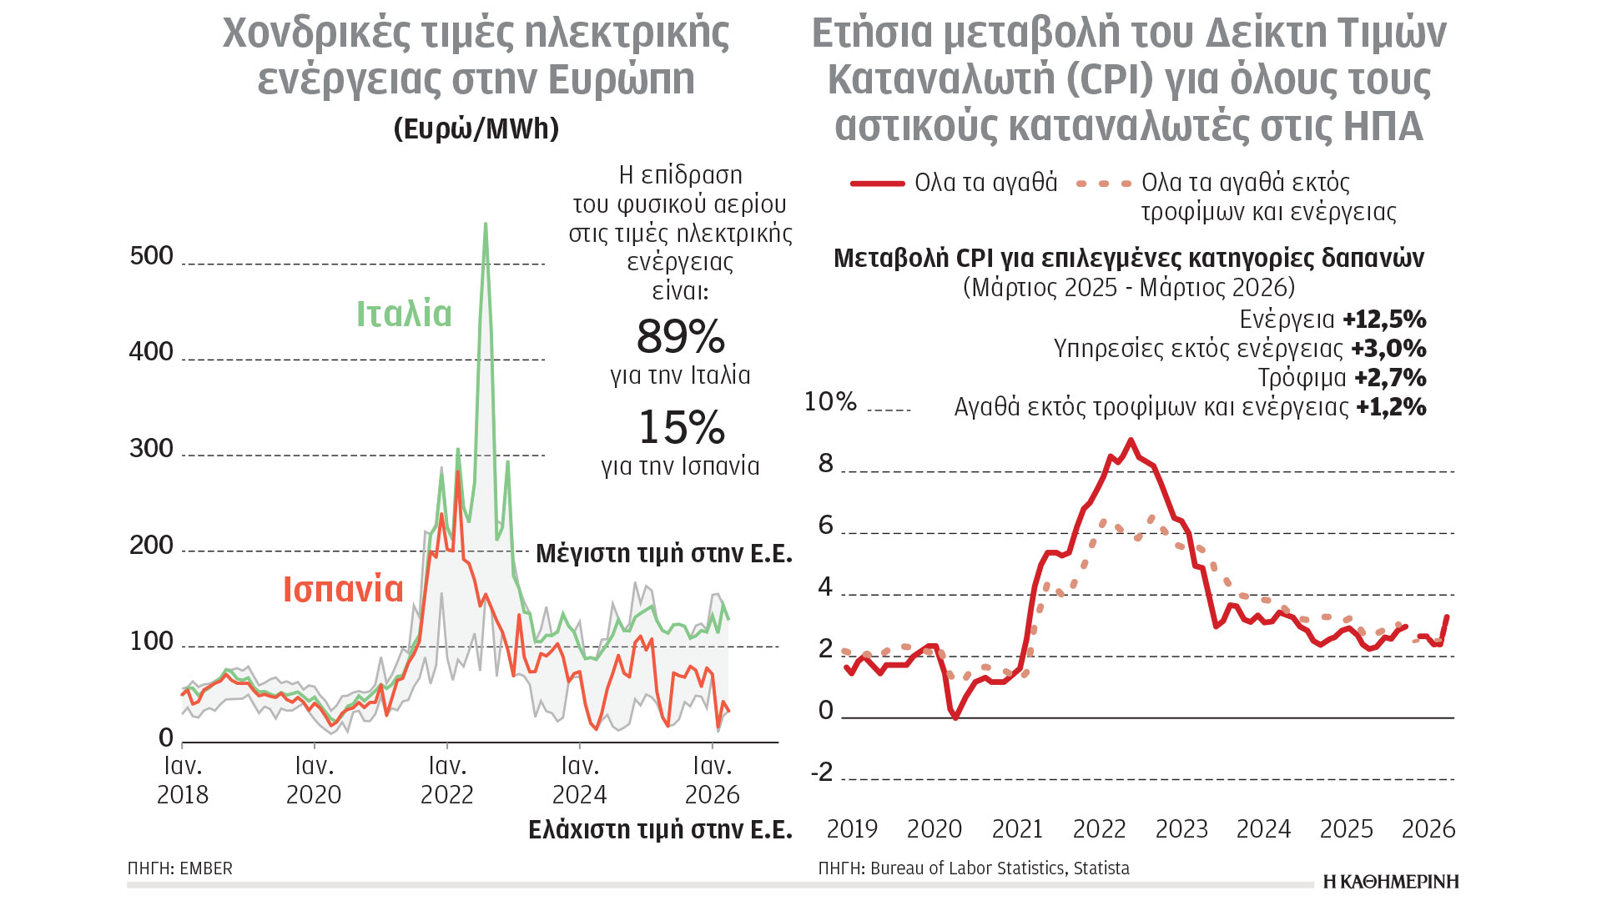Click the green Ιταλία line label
(404, 315)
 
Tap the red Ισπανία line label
(343, 590)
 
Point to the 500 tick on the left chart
(152, 256)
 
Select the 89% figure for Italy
(680, 337)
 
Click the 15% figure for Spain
(681, 428)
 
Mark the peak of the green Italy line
(486, 224)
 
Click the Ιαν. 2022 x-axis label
(447, 780)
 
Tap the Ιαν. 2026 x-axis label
(712, 780)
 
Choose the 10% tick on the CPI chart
(830, 402)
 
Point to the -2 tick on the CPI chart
(823, 773)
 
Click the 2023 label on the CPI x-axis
(1181, 829)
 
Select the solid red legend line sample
(877, 183)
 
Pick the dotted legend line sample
(1104, 183)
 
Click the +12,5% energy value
(1384, 320)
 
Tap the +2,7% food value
(1390, 378)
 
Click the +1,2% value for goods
(1391, 407)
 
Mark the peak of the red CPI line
(1131, 440)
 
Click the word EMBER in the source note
(206, 868)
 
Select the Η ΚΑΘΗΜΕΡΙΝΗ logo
(1391, 882)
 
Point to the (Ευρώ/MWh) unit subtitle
(476, 128)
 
